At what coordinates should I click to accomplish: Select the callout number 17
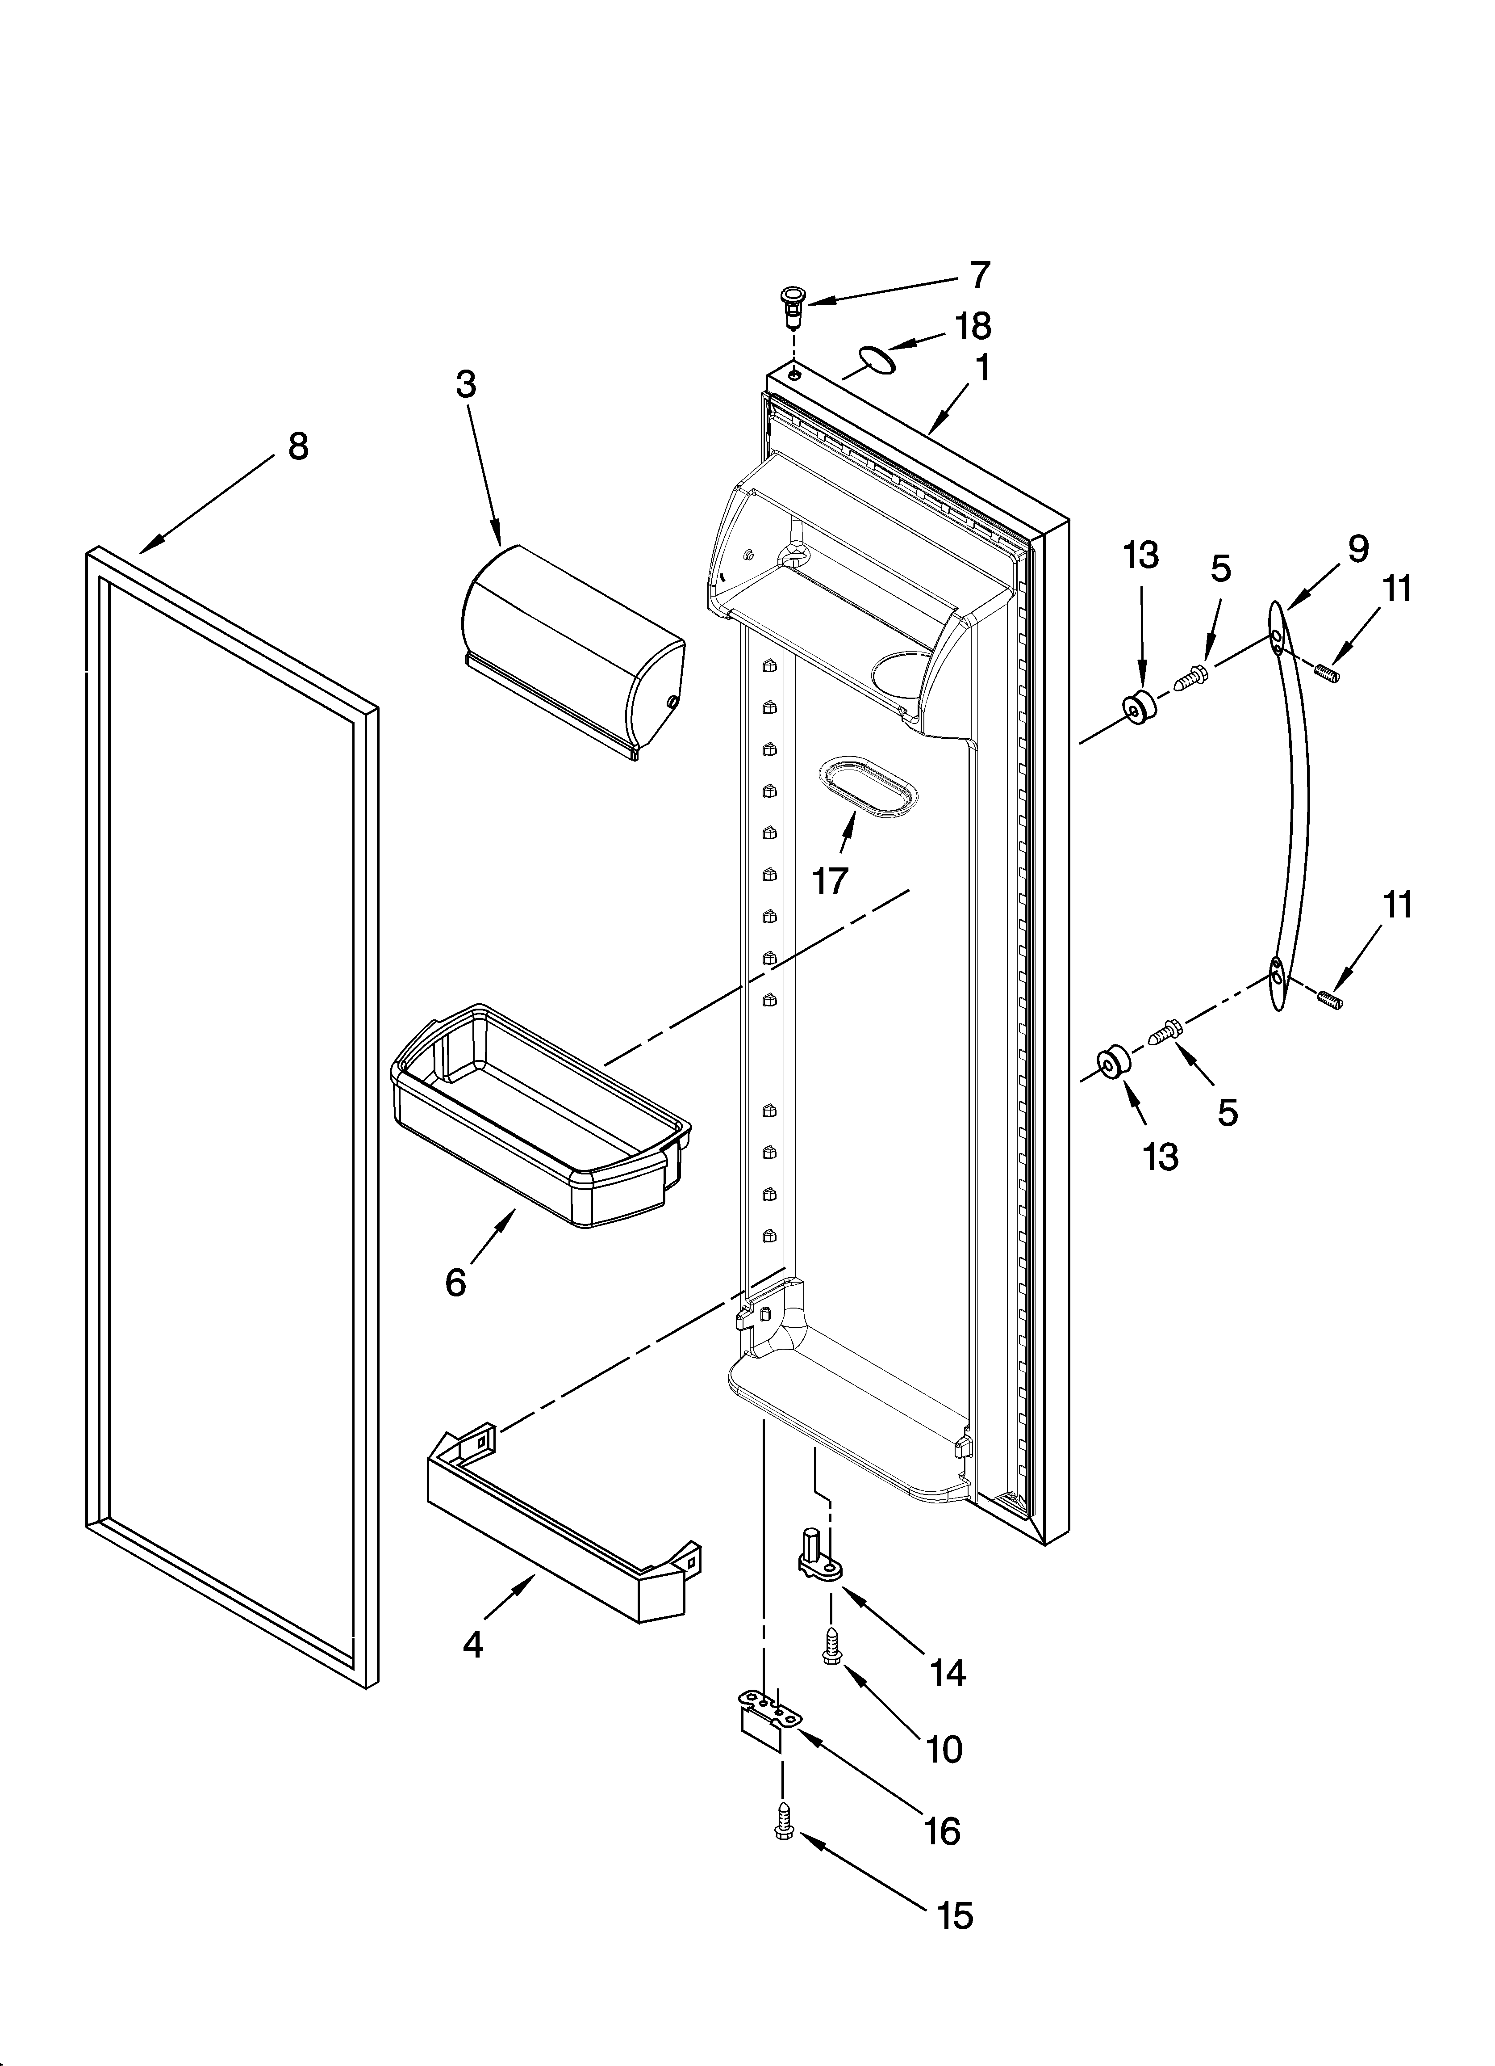(x=831, y=881)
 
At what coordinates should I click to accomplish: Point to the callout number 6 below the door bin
(x=455, y=1283)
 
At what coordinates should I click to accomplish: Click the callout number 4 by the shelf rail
(x=472, y=1644)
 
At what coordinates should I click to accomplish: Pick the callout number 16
(x=942, y=1831)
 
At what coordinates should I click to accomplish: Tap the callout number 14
(x=948, y=1672)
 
